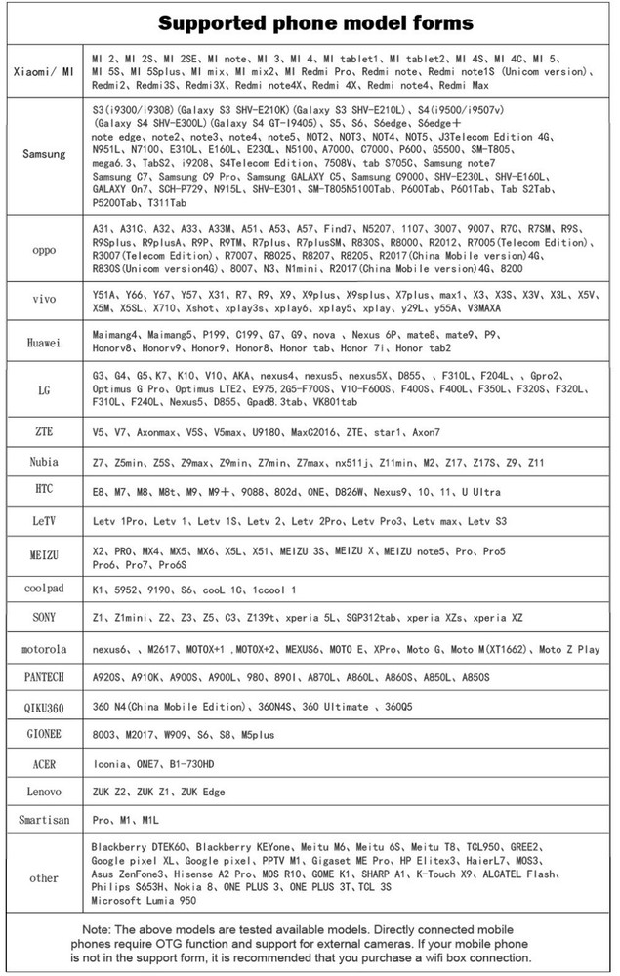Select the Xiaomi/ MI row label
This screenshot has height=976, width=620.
pyautogui.click(x=43, y=71)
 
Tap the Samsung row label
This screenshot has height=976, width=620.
pyautogui.click(x=44, y=154)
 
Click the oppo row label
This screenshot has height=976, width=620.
pyautogui.click(x=44, y=249)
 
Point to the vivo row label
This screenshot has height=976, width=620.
pyautogui.click(x=44, y=300)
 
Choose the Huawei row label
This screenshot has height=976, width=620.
pyautogui.click(x=44, y=341)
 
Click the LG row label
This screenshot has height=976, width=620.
pyautogui.click(x=44, y=389)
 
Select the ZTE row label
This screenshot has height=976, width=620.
pyautogui.click(x=44, y=431)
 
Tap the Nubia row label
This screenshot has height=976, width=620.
pyautogui.click(x=44, y=461)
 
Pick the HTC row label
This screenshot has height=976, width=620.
pyautogui.click(x=44, y=490)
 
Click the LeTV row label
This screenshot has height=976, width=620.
pyautogui.click(x=44, y=521)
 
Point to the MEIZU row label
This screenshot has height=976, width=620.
pyautogui.click(x=44, y=556)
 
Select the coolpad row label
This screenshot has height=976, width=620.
pyautogui.click(x=44, y=589)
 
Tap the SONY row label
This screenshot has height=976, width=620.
pyautogui.click(x=44, y=619)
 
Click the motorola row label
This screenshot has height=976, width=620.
pyautogui.click(x=44, y=649)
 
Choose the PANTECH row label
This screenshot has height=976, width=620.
pyautogui.click(x=44, y=677)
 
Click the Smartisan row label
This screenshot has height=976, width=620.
pyautogui.click(x=44, y=820)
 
